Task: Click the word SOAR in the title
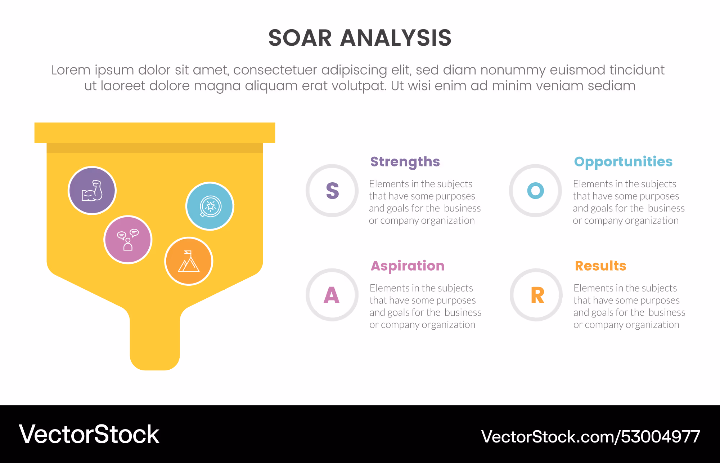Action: (300, 38)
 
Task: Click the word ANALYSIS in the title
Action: (396, 38)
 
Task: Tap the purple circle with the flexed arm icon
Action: (92, 191)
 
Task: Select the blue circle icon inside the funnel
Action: (210, 206)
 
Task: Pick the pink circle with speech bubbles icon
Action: (128, 240)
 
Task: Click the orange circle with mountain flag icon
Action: (189, 261)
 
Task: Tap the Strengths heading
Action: (405, 162)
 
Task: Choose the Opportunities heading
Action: (623, 162)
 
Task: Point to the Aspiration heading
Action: (408, 266)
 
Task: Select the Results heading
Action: (600, 266)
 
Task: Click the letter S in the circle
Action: (332, 191)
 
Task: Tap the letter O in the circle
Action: (535, 191)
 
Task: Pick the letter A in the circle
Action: (332, 295)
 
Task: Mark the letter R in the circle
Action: (537, 295)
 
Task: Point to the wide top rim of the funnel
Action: (155, 133)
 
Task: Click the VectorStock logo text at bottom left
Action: (89, 434)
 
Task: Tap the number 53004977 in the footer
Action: (661, 437)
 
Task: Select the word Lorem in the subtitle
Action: (71, 70)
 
